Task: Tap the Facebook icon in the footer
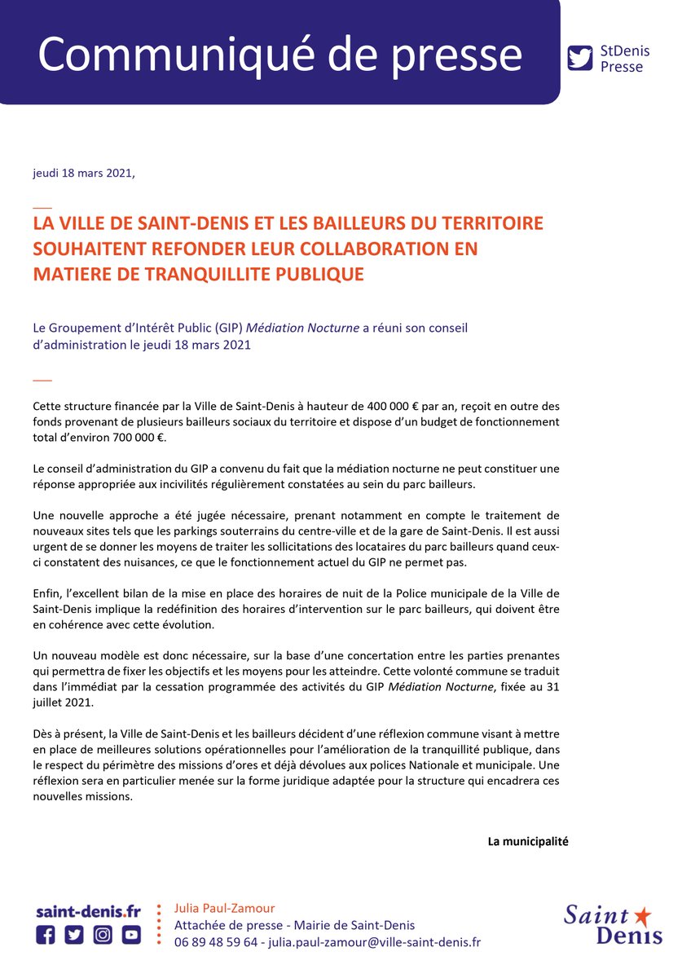pyautogui.click(x=46, y=935)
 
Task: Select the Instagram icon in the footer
pyautogui.click(x=103, y=935)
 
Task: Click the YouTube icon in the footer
pyautogui.click(x=131, y=935)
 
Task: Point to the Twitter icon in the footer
pyautogui.click(x=74, y=935)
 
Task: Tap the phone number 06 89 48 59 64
pyautogui.click(x=216, y=942)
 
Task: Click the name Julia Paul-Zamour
pyautogui.click(x=225, y=908)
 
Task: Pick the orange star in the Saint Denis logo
pyautogui.click(x=642, y=916)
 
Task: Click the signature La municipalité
pyautogui.click(x=527, y=841)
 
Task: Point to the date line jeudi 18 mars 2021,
pyautogui.click(x=83, y=174)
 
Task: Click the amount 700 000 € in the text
pyautogui.click(x=130, y=437)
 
